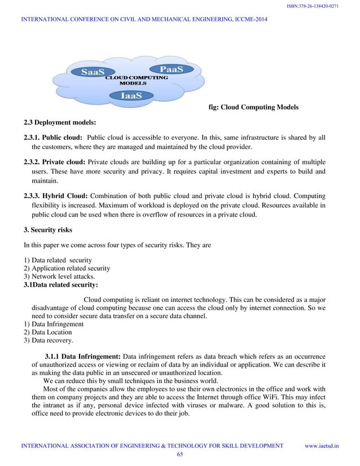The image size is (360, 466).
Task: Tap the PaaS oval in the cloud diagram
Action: [x=171, y=69]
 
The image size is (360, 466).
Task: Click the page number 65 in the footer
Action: [x=180, y=454]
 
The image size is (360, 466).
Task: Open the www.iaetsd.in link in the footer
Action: [x=322, y=446]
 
